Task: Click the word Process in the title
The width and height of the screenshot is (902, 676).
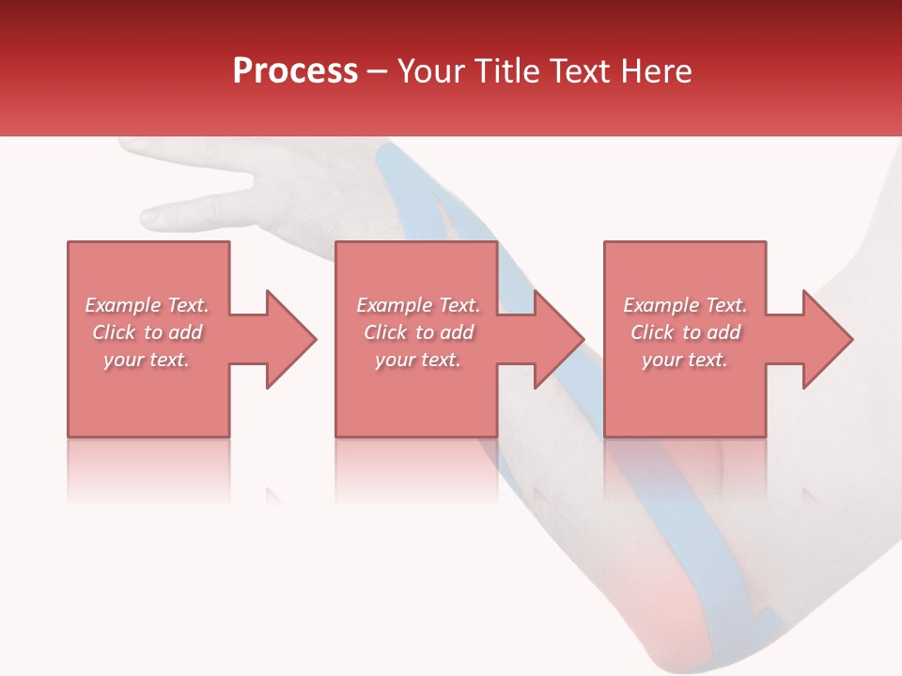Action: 295,70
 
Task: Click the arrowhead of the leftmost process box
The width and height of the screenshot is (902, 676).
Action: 291,339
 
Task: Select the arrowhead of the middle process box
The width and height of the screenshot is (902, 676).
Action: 559,339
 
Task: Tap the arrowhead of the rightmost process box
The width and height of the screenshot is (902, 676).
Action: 828,339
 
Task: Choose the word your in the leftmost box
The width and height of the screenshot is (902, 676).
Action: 123,360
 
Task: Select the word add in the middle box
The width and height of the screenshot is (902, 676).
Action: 457,332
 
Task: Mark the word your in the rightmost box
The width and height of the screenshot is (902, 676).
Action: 661,360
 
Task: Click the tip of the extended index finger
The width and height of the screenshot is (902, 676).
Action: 148,217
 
